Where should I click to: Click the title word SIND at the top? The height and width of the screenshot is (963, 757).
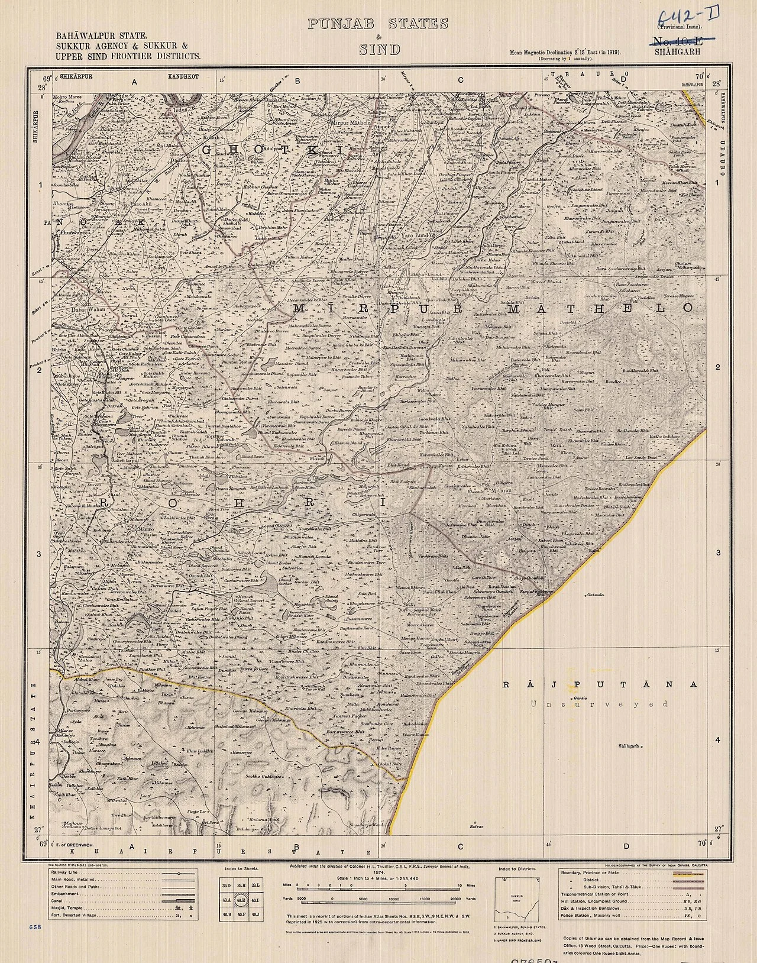[379, 49]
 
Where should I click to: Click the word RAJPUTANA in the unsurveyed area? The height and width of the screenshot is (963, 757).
[600, 684]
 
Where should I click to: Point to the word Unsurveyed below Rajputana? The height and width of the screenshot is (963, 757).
[599, 704]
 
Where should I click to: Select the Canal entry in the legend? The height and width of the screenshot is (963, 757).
[59, 899]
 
